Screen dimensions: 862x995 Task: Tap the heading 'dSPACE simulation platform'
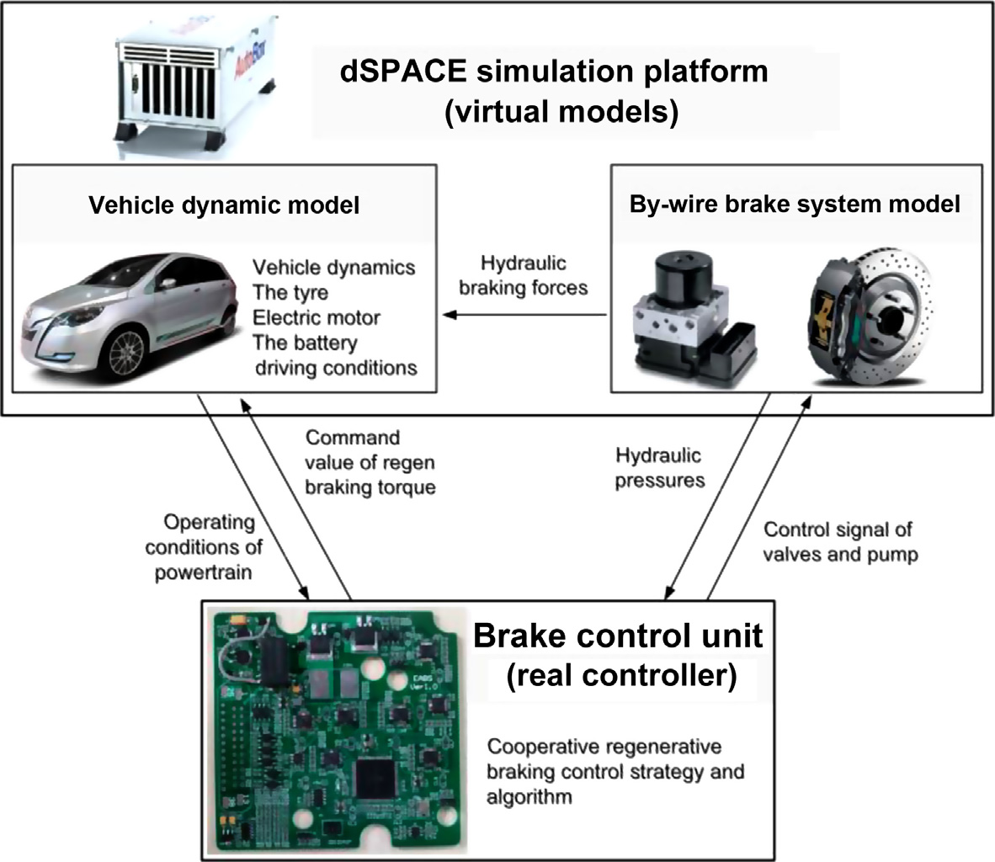(x=554, y=70)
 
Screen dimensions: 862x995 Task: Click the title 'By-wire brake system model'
(x=794, y=205)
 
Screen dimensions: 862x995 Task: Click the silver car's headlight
(x=77, y=318)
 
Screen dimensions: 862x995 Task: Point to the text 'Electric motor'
(x=316, y=318)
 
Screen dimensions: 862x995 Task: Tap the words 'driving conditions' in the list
(x=334, y=368)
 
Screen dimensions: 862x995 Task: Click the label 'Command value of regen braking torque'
(x=370, y=462)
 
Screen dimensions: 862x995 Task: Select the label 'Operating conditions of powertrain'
(x=204, y=546)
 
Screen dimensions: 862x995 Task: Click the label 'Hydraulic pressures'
(x=659, y=468)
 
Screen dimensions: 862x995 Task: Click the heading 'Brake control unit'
(x=618, y=634)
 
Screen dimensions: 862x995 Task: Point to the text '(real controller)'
(x=620, y=675)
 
